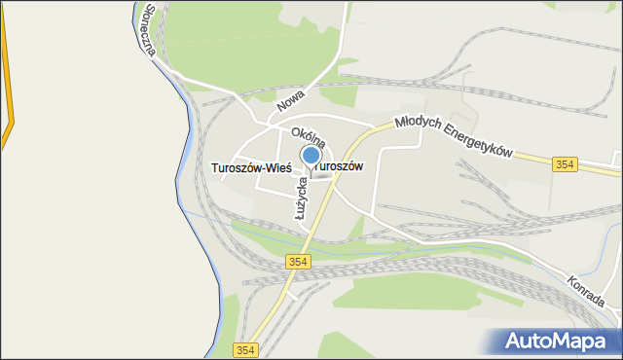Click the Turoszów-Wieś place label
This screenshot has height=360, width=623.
(251, 167)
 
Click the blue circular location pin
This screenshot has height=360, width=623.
(311, 156)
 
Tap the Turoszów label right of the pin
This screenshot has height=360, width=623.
(342, 166)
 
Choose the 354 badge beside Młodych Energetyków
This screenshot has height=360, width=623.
(566, 165)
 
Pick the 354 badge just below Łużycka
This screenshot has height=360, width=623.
(300, 262)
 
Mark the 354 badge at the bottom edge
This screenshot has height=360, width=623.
(246, 349)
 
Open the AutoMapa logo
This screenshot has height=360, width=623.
(561, 341)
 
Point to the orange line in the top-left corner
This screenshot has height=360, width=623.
(9, 78)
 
